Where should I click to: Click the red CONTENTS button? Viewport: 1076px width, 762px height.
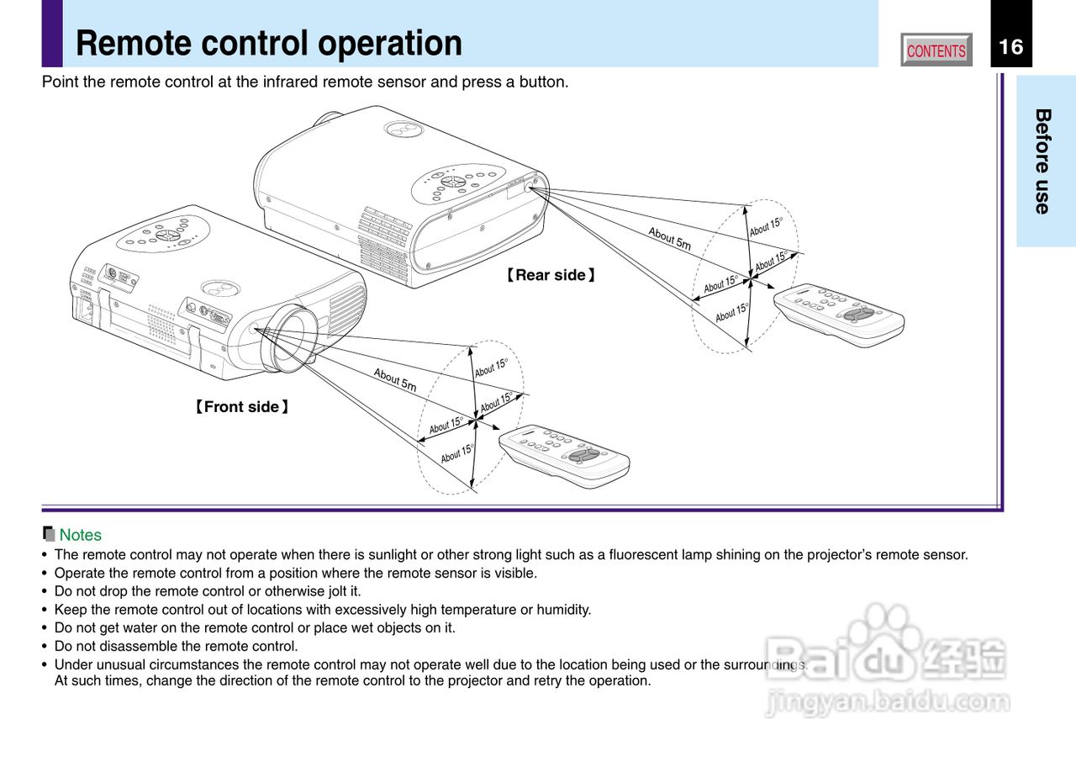(936, 50)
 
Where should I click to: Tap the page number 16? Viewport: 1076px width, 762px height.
(1011, 46)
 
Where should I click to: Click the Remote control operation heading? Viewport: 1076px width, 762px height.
(269, 43)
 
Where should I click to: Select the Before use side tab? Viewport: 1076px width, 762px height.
(1043, 161)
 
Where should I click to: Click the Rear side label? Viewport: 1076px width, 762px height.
(551, 275)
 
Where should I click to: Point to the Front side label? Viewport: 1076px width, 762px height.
(242, 407)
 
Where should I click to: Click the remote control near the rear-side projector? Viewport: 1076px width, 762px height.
(839, 314)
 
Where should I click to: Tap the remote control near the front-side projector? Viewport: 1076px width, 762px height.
(564, 455)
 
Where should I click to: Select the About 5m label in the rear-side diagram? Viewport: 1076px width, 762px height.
(669, 239)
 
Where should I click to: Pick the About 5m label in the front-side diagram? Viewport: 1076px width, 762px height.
(395, 380)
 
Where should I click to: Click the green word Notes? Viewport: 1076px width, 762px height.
(80, 535)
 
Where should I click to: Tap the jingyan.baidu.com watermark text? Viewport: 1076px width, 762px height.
(887, 701)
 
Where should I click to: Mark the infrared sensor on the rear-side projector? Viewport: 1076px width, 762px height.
(530, 188)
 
